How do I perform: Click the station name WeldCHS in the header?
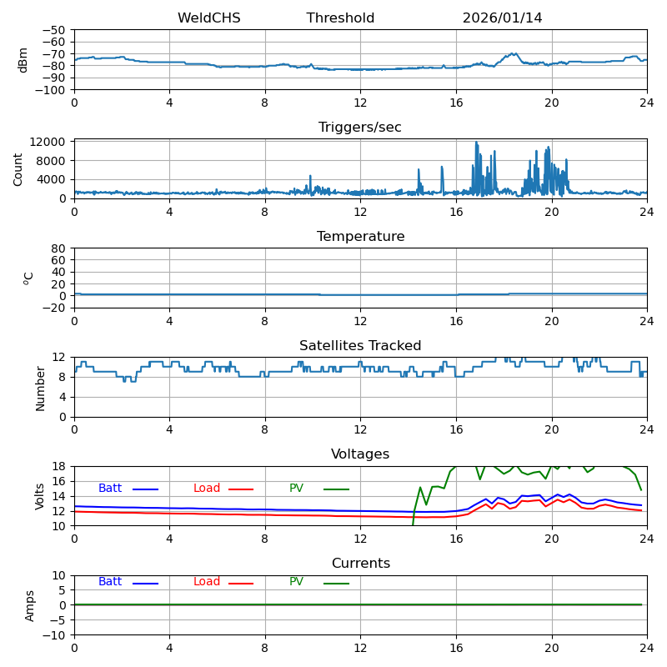click(208, 18)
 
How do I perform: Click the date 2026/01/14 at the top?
click(502, 18)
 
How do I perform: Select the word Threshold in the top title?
click(340, 18)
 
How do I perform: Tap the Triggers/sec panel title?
click(360, 128)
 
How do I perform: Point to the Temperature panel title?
click(360, 237)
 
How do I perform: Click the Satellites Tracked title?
click(360, 346)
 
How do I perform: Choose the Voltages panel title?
click(360, 454)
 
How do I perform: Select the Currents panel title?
click(360, 564)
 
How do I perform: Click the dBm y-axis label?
click(23, 60)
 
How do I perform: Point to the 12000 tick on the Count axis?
click(48, 143)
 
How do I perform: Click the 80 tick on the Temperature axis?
click(58, 248)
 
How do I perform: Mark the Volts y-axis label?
click(40, 496)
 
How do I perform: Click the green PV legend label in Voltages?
click(297, 489)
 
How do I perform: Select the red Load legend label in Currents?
click(207, 582)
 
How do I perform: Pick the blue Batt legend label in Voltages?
click(110, 489)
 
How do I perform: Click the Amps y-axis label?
click(30, 605)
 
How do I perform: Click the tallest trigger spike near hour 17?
click(477, 143)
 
